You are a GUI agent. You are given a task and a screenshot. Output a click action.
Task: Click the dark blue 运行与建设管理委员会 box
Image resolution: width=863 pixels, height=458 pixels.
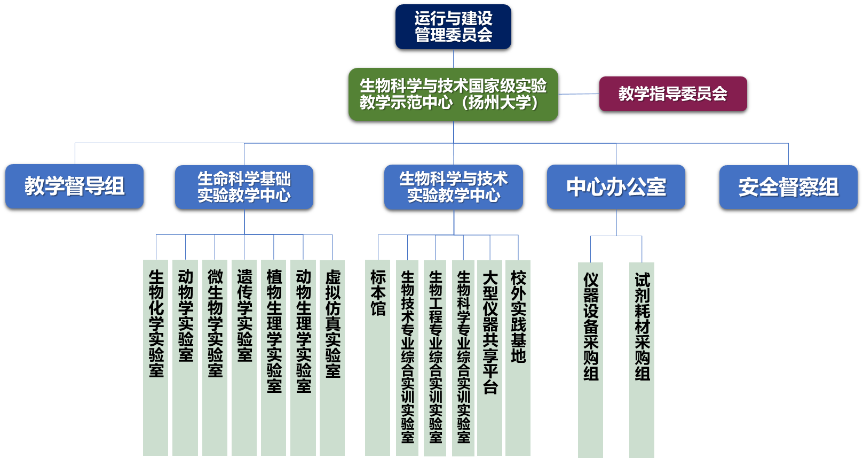point(453,27)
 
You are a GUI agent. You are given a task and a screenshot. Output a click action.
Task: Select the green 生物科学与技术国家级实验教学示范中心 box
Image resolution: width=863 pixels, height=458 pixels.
point(453,94)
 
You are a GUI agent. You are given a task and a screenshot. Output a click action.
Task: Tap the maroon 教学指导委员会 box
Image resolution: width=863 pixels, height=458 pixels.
point(672,94)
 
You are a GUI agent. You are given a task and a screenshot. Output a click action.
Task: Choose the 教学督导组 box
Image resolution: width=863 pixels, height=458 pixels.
point(74,186)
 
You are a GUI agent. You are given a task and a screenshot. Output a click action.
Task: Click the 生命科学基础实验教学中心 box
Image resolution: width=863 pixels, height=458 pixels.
point(244,187)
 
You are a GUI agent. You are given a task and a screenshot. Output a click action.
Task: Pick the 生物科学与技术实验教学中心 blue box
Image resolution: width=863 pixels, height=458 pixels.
point(453,187)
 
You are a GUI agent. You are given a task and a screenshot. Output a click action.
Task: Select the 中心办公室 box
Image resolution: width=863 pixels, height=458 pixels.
point(616,187)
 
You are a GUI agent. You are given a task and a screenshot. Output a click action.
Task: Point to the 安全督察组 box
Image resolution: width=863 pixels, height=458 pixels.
point(788,187)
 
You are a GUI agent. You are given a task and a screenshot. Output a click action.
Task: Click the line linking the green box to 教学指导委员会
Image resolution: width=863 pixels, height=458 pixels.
point(579,94)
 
